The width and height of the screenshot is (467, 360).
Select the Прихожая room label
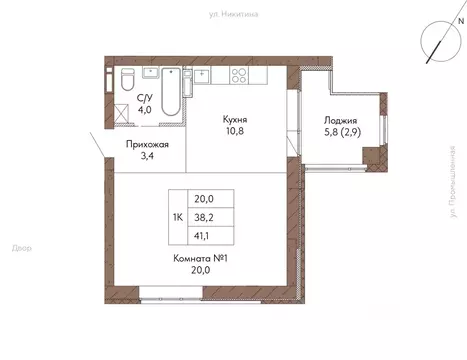coord(146,144)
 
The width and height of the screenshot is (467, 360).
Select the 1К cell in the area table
coord(177,216)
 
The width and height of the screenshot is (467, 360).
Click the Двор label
coord(21,247)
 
